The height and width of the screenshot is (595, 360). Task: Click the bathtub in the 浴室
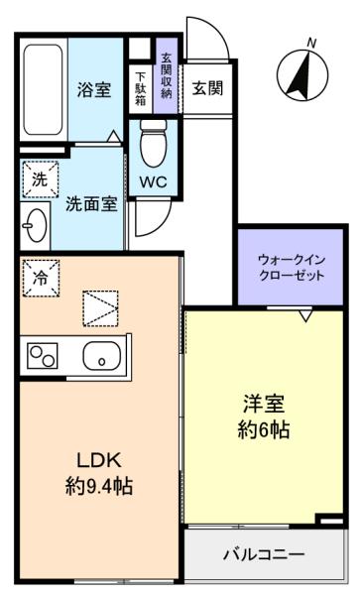pos(43,89)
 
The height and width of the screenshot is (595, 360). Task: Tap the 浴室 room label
pos(94,89)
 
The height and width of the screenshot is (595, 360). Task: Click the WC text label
pos(154,182)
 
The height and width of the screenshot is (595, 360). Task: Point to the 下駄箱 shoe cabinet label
pos(141,88)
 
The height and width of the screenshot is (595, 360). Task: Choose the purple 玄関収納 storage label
pos(167,76)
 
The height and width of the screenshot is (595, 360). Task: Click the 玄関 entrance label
pos(207,88)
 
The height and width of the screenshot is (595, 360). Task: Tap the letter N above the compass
pos(311,44)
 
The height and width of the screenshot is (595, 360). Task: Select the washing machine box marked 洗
pos(41,179)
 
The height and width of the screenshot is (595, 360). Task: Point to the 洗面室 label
pos(91,204)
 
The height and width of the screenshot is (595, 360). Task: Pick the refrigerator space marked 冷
pos(41,278)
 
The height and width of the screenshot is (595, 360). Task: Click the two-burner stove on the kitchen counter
pos(42,356)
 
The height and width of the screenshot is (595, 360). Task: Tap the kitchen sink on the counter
pos(102,356)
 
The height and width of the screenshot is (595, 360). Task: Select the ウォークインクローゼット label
pos(292,268)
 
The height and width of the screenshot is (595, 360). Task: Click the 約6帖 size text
pos(264,430)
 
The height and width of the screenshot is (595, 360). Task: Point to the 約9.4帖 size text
pos(99,486)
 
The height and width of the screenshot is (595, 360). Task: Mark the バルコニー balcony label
pos(264,554)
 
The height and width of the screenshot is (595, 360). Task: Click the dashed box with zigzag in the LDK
pos(100,308)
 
